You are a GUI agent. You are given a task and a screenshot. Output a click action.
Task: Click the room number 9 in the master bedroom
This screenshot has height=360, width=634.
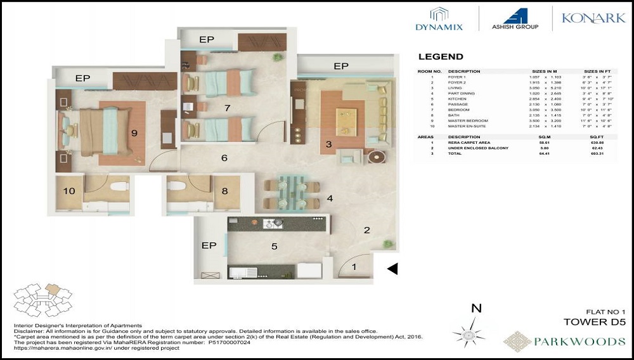point(134,132)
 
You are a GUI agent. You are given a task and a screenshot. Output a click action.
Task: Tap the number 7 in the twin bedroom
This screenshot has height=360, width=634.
point(226,108)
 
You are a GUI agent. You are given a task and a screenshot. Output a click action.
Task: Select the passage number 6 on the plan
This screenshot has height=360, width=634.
point(224,158)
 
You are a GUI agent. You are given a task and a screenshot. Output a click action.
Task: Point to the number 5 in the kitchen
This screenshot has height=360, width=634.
point(274,246)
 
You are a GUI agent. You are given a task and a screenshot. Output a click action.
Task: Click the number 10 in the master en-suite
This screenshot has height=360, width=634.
point(69,190)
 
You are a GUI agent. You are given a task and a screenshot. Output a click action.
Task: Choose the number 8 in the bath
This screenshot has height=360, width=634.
point(224,190)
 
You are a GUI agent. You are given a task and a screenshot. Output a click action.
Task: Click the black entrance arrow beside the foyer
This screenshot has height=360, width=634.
point(392,269)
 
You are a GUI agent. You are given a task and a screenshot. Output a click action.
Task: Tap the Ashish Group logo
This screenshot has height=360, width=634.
point(515,18)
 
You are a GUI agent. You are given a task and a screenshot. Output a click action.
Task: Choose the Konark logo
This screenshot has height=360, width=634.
point(593,18)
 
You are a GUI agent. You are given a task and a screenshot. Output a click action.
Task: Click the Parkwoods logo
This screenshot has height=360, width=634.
point(564,341)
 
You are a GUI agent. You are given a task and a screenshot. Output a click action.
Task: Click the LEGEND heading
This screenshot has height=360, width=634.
point(441,56)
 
